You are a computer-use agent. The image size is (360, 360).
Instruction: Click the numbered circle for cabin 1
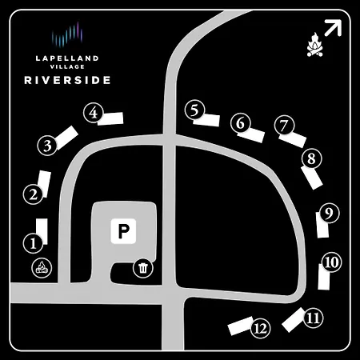tap(33, 243)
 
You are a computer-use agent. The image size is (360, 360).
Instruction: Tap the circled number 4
tap(94, 113)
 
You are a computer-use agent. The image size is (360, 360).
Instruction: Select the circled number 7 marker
tap(285, 125)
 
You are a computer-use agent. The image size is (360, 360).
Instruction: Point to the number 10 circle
tap(331, 262)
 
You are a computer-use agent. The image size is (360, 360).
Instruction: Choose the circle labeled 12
tap(261, 328)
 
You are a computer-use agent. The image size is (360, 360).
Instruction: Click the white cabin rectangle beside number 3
tap(66, 137)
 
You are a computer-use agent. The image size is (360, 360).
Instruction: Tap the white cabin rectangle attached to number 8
tap(312, 178)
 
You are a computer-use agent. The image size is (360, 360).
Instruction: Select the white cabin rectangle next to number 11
tap(294, 320)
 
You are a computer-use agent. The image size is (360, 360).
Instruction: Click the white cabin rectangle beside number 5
tap(206, 120)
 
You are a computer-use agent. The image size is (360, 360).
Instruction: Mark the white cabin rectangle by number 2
tap(44, 184)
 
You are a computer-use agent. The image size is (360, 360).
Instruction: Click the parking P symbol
tap(123, 231)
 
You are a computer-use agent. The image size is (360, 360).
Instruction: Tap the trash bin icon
tap(143, 268)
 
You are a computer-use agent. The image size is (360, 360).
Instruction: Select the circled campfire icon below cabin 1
tap(42, 268)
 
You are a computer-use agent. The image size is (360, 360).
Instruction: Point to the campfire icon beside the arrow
tap(315, 45)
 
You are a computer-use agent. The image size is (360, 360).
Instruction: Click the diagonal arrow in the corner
tap(333, 28)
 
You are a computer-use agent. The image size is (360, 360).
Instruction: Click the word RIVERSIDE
tap(67, 80)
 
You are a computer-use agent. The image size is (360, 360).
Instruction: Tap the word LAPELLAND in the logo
tap(67, 58)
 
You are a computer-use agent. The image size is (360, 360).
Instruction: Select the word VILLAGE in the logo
tap(67, 66)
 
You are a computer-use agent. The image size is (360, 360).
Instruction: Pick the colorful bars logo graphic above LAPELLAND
tap(67, 35)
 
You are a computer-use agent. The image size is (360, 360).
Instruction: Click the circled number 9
tap(330, 213)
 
